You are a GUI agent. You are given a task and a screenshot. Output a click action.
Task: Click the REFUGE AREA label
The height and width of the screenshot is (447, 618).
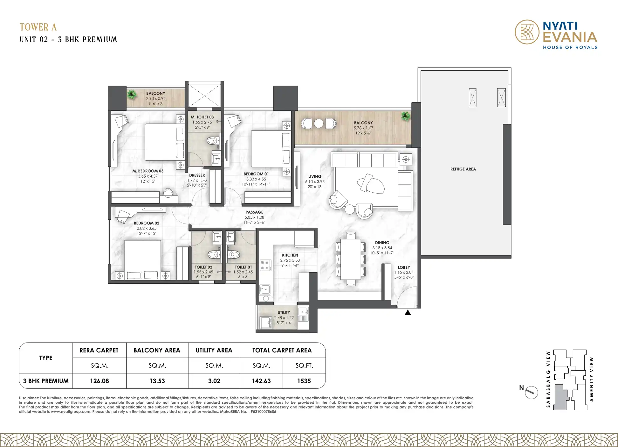pos(463,169)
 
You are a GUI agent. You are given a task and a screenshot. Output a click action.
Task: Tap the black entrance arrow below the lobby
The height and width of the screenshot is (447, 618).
pos(408,313)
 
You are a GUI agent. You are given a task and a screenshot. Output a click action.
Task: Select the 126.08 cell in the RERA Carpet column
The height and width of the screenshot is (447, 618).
pos(100,381)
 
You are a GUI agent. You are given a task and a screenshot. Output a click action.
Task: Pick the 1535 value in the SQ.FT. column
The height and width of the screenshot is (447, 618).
pos(304,381)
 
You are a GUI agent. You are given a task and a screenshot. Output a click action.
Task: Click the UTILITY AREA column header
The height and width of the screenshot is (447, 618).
pos(214,350)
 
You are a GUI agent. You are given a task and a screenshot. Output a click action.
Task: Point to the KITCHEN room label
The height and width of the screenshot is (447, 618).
pos(290,255)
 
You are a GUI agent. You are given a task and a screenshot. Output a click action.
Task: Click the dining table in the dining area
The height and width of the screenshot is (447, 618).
pos(351,259)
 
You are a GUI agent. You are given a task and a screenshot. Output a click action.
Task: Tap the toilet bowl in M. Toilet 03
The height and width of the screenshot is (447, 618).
pos(212,140)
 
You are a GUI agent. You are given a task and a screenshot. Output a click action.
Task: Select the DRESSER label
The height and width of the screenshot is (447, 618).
pos(197,175)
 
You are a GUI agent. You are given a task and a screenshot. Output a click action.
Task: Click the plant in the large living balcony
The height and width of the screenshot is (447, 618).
pos(405,116)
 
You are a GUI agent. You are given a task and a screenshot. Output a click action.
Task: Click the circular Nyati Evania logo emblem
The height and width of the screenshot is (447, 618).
pos(527,32)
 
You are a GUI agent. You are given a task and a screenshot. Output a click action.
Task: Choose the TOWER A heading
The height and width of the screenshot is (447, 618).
pos(38,27)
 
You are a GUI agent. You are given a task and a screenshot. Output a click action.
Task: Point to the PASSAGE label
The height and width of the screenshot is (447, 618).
pos(254,212)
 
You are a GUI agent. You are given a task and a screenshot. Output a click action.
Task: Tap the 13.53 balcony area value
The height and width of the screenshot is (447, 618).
pos(157,381)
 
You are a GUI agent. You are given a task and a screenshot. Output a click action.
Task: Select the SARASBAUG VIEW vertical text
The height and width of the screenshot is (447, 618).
pos(548,379)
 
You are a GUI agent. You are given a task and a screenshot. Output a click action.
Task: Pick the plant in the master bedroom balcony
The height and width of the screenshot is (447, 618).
pos(132,94)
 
